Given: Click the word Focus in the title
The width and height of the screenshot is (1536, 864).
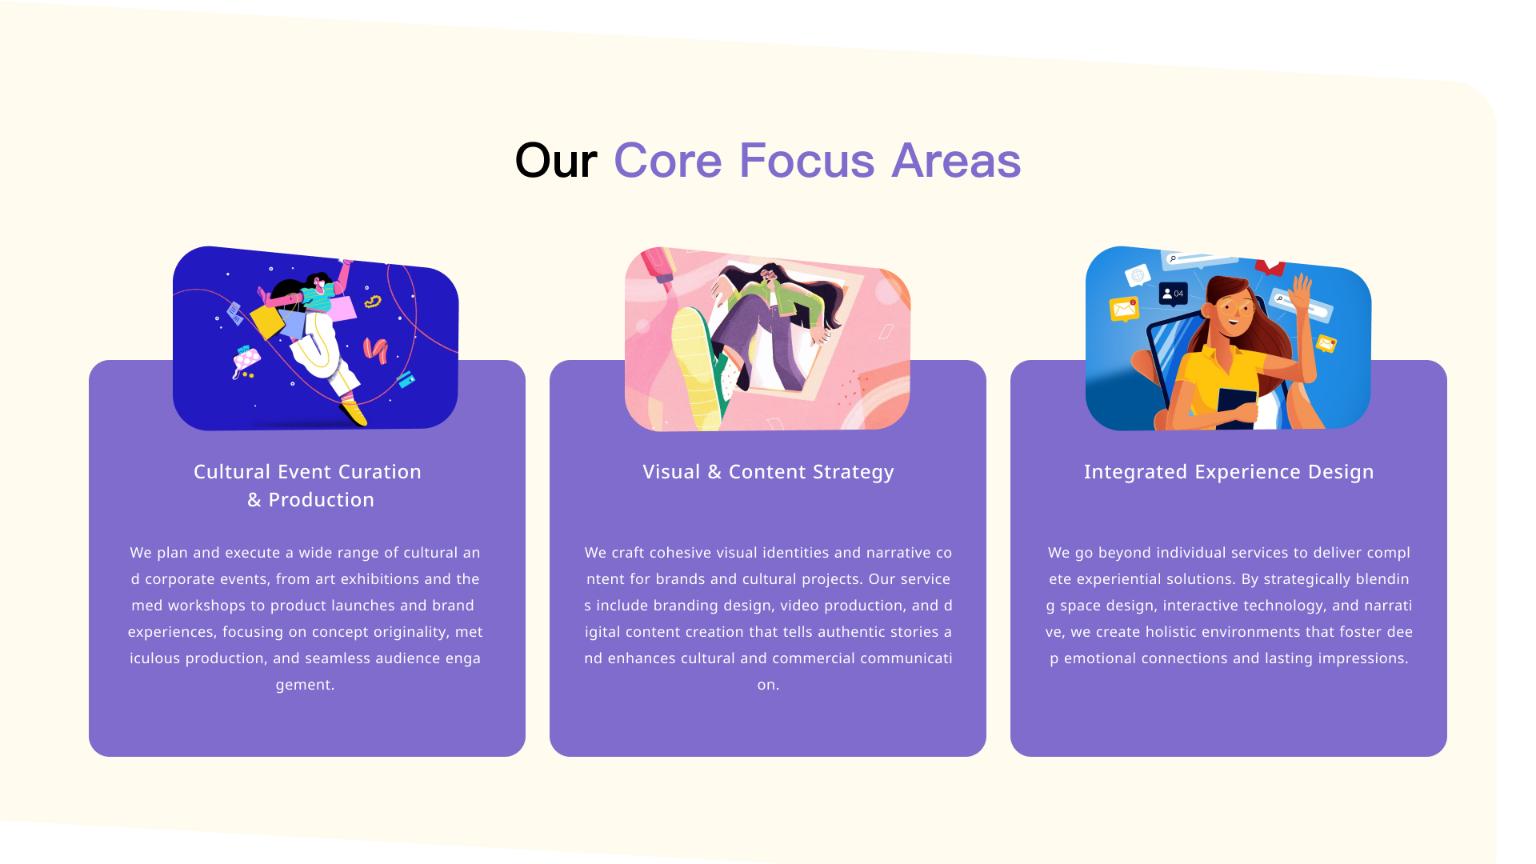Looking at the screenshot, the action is (806, 161).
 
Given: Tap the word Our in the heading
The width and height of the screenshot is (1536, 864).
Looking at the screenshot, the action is (556, 161).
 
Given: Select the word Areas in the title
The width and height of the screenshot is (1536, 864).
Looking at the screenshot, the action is (956, 161).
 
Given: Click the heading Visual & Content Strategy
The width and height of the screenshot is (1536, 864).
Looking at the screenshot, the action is (768, 472).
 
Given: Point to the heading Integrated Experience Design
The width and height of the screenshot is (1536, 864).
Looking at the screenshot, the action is (1229, 472).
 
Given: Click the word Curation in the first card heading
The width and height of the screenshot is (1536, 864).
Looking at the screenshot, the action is (380, 472).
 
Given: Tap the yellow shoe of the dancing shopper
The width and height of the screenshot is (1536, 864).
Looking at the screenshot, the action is (353, 413).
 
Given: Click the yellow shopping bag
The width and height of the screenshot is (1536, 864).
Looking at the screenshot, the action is (267, 320).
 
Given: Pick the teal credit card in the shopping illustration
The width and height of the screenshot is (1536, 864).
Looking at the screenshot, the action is (405, 378).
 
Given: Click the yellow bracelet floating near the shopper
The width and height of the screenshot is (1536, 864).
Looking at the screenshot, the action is (373, 302).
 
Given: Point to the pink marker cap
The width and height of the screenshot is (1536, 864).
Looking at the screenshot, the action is (658, 265).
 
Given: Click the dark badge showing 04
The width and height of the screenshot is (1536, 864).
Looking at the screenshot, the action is (1173, 294).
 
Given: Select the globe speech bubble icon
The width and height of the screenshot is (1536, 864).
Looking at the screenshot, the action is (1138, 276).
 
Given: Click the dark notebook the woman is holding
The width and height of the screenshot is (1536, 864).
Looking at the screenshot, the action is (1236, 407).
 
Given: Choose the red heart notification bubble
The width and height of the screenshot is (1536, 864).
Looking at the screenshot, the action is (1270, 266).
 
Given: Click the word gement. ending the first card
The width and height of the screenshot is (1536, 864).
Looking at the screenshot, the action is (306, 685).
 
